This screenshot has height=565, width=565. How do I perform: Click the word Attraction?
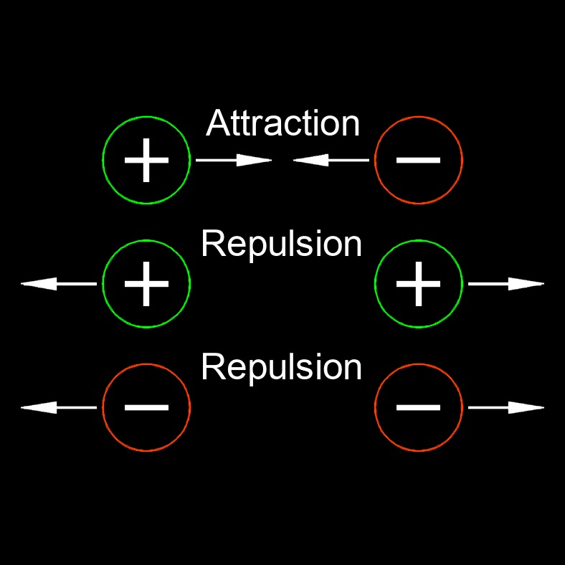point(282,123)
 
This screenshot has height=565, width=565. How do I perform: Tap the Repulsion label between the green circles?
point(281,244)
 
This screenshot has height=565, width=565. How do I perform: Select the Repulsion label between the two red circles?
point(281,367)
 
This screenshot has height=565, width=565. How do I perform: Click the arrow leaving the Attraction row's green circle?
point(234,161)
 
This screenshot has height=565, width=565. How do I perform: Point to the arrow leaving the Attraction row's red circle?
point(331,161)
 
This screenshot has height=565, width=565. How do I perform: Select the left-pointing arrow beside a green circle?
point(59,285)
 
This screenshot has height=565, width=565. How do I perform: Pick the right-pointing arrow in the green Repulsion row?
point(506,285)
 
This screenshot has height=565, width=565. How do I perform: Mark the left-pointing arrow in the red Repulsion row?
point(59,408)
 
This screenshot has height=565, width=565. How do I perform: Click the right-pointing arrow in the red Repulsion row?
point(506,408)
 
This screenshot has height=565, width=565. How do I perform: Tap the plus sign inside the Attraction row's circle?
point(147,160)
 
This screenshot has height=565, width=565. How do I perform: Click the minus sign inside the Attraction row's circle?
point(419,160)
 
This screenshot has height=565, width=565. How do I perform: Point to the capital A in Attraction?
point(217,123)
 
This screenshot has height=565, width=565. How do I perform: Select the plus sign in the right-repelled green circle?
point(419,284)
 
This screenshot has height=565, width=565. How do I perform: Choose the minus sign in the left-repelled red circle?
point(147,407)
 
